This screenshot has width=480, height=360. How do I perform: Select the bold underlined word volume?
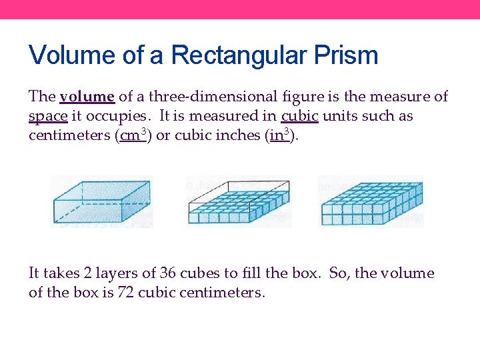coord(87,97)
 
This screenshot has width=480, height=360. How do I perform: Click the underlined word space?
coord(48,116)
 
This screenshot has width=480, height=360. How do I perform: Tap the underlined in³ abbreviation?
coord(277,135)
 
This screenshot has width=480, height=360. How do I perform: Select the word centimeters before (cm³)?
coord(69,135)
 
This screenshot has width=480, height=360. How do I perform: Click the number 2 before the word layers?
coord(89,273)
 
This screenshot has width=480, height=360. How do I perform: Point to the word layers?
coord(121,273)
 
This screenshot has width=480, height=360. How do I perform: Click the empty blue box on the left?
coord(101,202)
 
